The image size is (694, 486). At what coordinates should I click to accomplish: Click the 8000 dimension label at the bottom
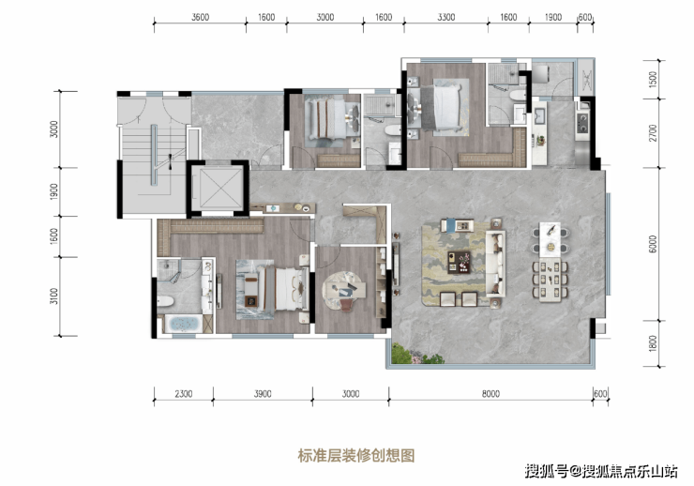[490, 393]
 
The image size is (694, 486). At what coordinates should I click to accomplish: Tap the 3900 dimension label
[263, 393]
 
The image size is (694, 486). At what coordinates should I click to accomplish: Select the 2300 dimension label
[183, 393]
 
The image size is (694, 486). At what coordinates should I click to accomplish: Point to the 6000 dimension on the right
[653, 244]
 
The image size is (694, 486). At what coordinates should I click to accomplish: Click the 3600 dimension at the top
[200, 17]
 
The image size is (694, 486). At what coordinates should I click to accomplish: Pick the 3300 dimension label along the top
[446, 17]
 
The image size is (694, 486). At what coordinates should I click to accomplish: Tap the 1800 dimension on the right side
[653, 343]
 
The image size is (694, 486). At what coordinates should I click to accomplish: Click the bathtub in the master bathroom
[184, 324]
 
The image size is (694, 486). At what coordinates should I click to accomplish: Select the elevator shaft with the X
[217, 189]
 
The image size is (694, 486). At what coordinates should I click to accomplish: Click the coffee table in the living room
[459, 262]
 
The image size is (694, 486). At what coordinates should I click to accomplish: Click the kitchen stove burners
[582, 123]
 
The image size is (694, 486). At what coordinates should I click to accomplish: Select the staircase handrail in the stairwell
[154, 155]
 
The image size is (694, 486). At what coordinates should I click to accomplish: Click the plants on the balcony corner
[415, 354]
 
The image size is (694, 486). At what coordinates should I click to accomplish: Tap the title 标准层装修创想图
[356, 455]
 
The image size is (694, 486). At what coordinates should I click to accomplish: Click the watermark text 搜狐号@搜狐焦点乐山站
[601, 471]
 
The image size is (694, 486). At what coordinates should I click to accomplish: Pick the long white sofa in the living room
[496, 263]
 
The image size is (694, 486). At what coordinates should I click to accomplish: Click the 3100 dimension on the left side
[53, 296]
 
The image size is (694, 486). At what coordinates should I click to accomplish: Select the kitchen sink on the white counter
[539, 116]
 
